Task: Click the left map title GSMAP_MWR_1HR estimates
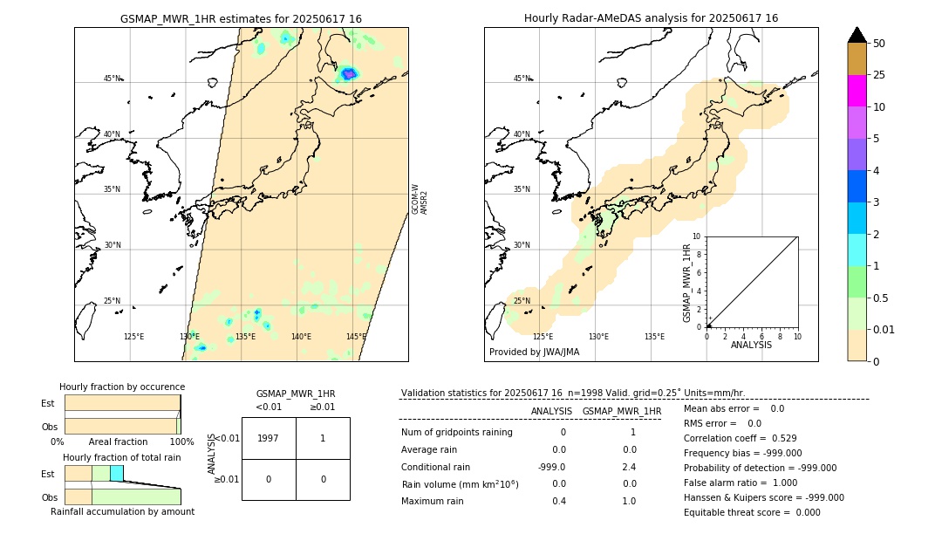pyautogui.click(x=241, y=18)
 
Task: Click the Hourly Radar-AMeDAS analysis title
pyautogui.click(x=651, y=18)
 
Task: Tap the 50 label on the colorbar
pyautogui.click(x=879, y=44)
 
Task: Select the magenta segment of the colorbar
pyautogui.click(x=857, y=91)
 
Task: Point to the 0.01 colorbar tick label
pyautogui.click(x=884, y=329)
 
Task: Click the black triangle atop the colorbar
pyautogui.click(x=857, y=35)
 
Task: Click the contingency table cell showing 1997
pyautogui.click(x=269, y=439)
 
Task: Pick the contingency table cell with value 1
pyautogui.click(x=323, y=439)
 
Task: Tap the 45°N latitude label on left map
pyautogui.click(x=112, y=79)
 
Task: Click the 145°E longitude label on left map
pyautogui.click(x=356, y=337)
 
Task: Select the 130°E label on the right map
pyautogui.click(x=598, y=337)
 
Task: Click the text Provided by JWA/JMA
pyautogui.click(x=534, y=353)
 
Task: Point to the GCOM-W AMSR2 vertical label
pyautogui.click(x=420, y=199)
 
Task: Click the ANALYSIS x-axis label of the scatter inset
pyautogui.click(x=751, y=345)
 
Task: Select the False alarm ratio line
pyautogui.click(x=740, y=483)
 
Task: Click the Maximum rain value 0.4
pyautogui.click(x=558, y=501)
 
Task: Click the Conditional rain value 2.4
pyautogui.click(x=629, y=467)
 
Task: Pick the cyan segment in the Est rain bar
pyautogui.click(x=116, y=473)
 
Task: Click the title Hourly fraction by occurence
pyautogui.click(x=122, y=387)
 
